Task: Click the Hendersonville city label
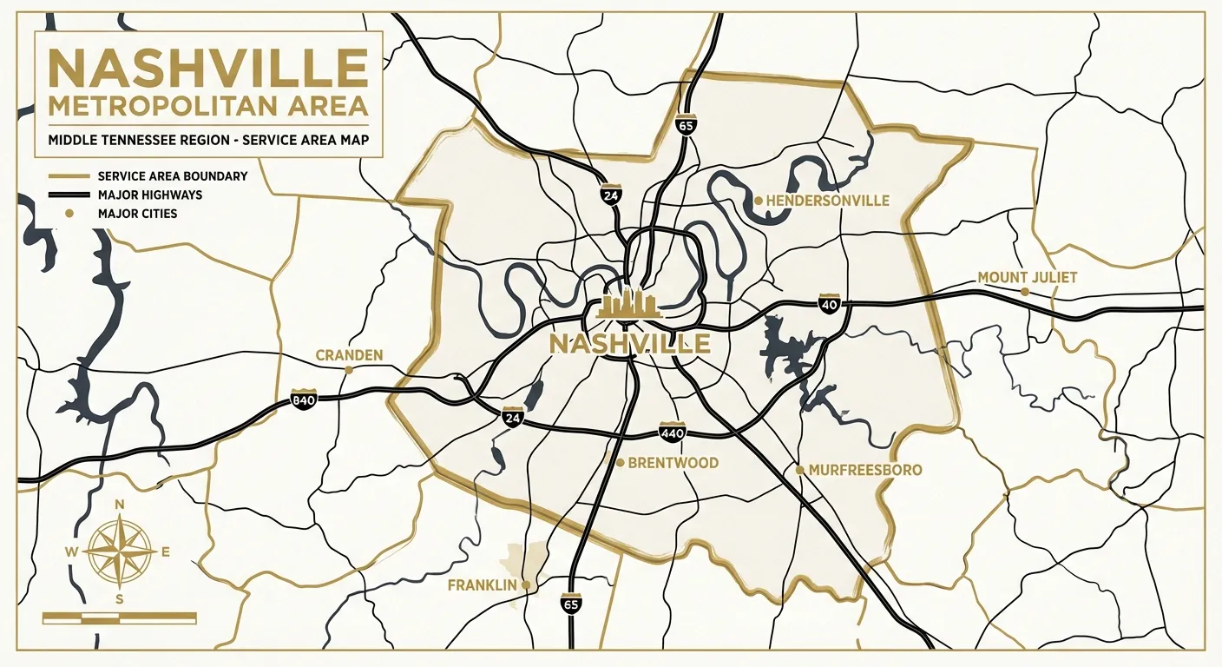click(x=828, y=201)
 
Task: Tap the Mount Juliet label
click(x=1027, y=278)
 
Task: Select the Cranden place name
click(x=349, y=355)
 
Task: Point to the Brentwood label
click(x=673, y=463)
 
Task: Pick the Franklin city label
click(x=483, y=585)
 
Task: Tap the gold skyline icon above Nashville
click(x=628, y=307)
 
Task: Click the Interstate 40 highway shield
click(x=830, y=304)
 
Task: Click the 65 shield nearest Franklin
click(x=571, y=604)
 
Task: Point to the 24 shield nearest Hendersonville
click(x=611, y=195)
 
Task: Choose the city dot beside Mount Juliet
click(x=1025, y=292)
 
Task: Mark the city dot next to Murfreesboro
click(x=799, y=470)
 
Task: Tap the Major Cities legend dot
click(x=69, y=213)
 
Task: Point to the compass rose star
click(x=121, y=551)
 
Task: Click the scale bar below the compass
click(x=120, y=617)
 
